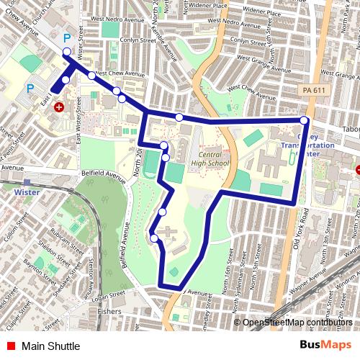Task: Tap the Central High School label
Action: click(210, 160)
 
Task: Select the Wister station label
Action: click(25, 192)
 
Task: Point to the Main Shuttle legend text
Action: click(50, 346)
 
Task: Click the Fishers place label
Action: click(109, 312)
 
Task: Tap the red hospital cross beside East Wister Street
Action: click(59, 107)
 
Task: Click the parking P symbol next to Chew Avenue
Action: click(68, 38)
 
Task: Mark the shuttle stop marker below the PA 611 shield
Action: click(305, 120)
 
